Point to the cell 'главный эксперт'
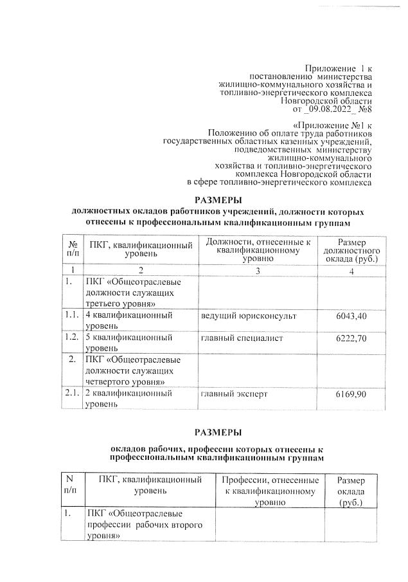click(233, 393)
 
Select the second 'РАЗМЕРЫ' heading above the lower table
click(218, 431)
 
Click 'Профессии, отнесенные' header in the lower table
click(270, 480)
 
